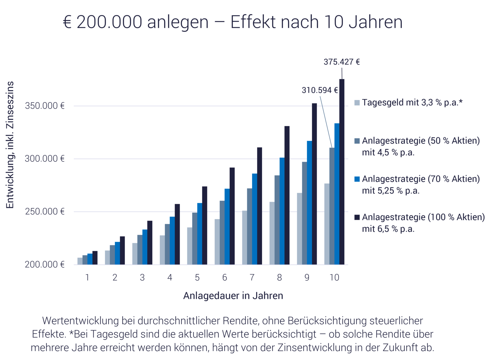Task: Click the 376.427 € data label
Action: [341, 62]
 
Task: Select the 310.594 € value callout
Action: [319, 90]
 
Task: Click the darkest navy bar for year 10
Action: [342, 172]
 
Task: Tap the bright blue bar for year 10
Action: [336, 194]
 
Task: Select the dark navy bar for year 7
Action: [260, 206]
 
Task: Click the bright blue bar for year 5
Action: [199, 234]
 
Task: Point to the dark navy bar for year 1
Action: [95, 258]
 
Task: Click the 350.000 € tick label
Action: [45, 106]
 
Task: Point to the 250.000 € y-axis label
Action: [45, 212]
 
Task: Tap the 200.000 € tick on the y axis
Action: [45, 265]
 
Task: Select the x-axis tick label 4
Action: [170, 278]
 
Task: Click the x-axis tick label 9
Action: [307, 278]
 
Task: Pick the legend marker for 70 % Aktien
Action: [357, 179]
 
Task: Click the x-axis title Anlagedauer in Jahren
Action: [233, 296]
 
